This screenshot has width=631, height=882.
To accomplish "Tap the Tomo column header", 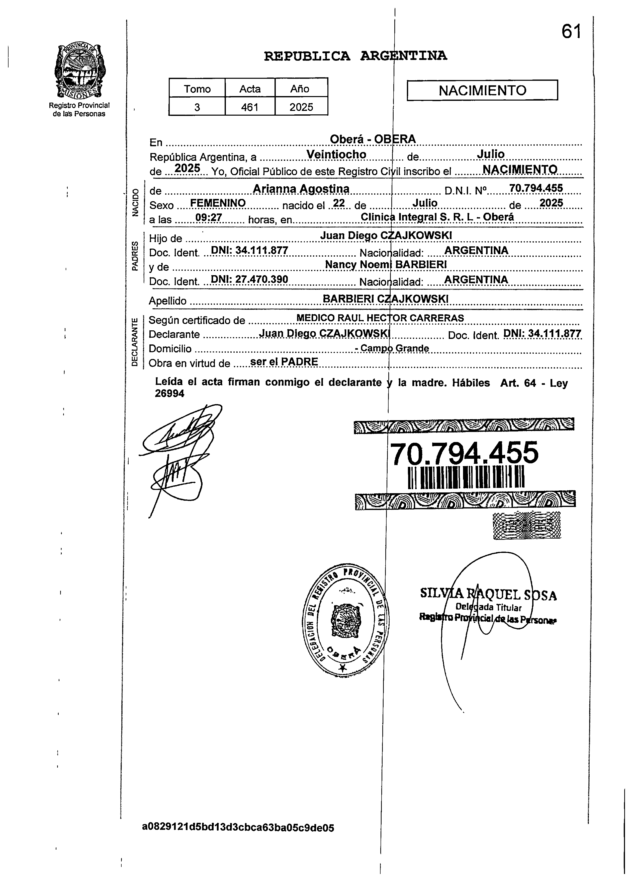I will point(197,89).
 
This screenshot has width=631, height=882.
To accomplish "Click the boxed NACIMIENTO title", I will point(482,91).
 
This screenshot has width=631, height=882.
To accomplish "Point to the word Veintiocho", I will point(336,155).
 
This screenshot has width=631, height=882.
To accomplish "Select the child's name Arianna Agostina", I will point(301,189).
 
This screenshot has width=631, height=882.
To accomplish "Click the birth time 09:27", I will point(208,218).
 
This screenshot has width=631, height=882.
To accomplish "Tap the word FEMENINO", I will point(218,203).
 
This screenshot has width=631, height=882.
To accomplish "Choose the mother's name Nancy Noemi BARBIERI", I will point(386,264).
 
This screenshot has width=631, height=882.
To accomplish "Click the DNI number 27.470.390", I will point(249,279).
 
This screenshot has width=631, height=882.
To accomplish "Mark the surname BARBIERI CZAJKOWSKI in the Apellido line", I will point(386,299).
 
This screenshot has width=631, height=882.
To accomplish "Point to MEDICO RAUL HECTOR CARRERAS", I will point(380,318).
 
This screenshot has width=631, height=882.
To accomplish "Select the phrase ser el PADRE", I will point(284,362).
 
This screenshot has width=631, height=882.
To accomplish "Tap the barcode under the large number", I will point(466,477).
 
